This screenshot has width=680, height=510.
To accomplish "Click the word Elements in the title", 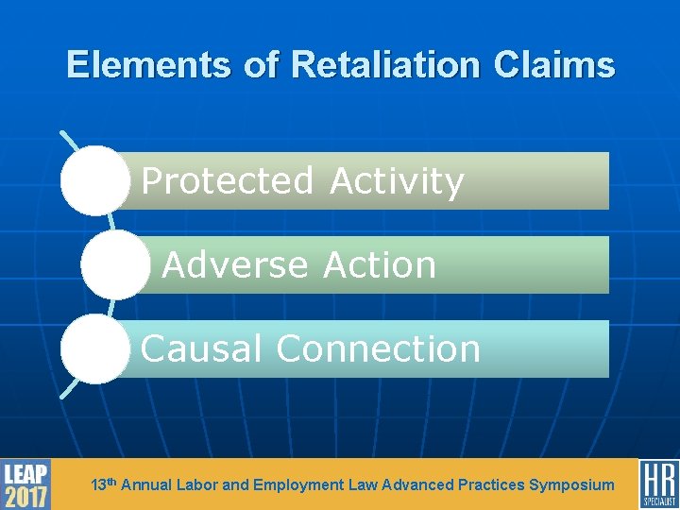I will [148, 65].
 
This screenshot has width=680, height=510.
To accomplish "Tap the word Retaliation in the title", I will [384, 65].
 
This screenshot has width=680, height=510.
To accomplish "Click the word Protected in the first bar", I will [227, 180].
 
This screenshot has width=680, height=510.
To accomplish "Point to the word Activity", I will [397, 180].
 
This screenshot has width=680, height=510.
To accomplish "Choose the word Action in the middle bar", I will [380, 265].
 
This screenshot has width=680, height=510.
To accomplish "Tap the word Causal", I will [201, 349].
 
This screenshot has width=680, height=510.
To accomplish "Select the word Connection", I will [378, 349].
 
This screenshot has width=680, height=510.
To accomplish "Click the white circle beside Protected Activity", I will [94, 180].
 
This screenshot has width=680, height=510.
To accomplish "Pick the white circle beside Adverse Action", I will [115, 265].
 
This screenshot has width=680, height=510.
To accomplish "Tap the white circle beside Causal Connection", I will [94, 349].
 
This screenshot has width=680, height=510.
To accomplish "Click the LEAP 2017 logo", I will [25, 484].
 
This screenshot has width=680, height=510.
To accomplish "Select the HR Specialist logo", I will [658, 484].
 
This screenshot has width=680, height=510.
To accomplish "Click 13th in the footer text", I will [103, 484].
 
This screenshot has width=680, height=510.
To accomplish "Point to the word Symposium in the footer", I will [571, 485].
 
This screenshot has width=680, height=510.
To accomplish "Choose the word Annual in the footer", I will [146, 485].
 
